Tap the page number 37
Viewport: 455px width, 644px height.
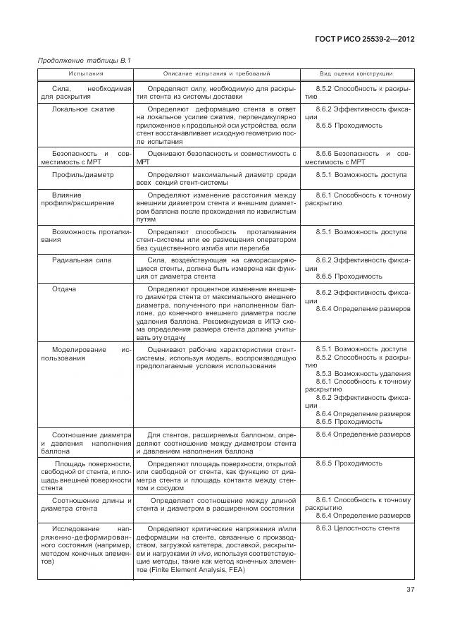(410, 590)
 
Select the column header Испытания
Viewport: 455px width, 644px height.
(85, 73)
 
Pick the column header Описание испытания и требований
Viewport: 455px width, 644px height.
(216, 73)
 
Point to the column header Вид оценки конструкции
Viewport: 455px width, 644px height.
(357, 73)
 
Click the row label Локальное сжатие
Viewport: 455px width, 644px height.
(84, 109)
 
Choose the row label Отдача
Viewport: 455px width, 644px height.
(64, 289)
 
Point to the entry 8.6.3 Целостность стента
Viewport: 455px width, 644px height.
(357, 528)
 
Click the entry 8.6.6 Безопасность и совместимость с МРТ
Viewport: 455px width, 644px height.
(357, 157)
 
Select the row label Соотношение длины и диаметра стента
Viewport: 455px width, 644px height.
(85, 504)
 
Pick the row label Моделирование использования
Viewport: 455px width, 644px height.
(85, 353)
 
